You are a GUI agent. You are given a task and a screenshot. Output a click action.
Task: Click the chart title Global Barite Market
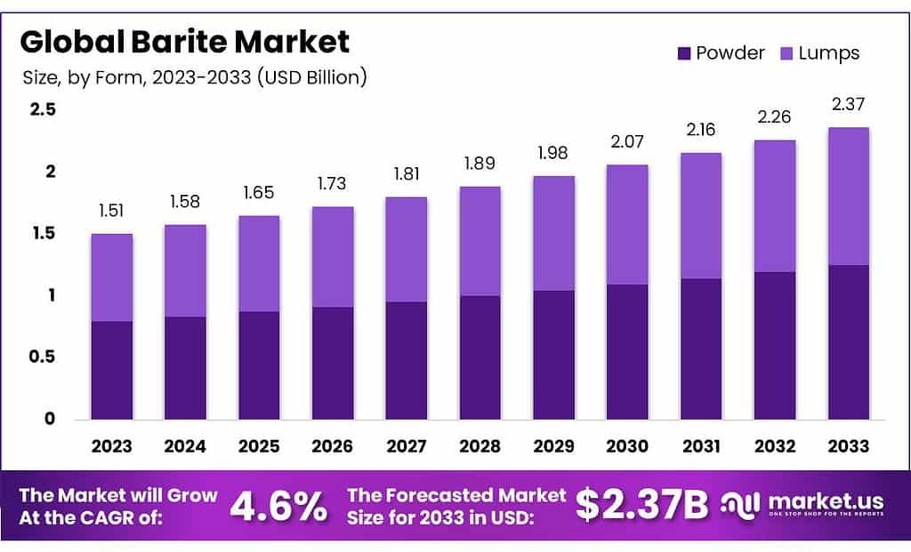click(x=185, y=42)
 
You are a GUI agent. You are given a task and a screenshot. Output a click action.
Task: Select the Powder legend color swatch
click(x=684, y=53)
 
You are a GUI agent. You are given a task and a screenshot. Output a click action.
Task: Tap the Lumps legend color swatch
click(x=786, y=53)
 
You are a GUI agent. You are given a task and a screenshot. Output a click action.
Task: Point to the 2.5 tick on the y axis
click(x=43, y=109)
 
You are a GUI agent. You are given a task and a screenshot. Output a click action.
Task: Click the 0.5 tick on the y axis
click(x=43, y=357)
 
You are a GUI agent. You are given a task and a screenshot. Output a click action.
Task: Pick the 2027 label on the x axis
click(x=407, y=446)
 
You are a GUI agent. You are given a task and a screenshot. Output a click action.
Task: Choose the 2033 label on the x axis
click(x=849, y=446)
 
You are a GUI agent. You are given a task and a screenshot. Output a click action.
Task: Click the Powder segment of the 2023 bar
click(x=112, y=370)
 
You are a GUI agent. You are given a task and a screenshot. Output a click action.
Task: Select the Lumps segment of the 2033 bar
click(x=849, y=196)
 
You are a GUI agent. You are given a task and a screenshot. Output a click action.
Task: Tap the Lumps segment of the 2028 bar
click(x=480, y=241)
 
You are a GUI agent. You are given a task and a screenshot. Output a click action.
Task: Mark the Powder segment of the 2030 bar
click(x=627, y=351)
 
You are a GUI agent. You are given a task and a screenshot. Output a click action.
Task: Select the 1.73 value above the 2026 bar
click(x=333, y=184)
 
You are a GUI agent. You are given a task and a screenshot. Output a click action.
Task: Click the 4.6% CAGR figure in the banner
click(x=278, y=506)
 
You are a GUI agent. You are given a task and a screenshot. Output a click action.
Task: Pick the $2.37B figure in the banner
click(x=641, y=506)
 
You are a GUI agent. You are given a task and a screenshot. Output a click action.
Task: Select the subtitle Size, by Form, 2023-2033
click(x=195, y=77)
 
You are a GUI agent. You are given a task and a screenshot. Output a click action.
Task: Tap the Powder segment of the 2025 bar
click(x=259, y=365)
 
